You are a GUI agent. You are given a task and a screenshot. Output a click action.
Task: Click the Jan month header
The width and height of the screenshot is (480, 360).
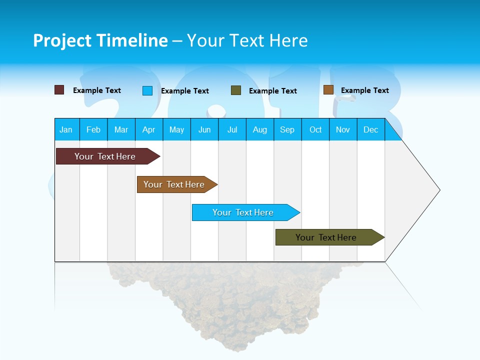click(x=66, y=129)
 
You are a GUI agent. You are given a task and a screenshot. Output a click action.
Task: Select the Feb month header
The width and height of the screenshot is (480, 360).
click(x=93, y=129)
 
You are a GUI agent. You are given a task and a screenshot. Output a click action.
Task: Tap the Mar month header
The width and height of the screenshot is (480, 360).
click(x=121, y=129)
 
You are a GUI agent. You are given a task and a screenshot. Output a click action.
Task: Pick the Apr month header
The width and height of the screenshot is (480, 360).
click(x=149, y=129)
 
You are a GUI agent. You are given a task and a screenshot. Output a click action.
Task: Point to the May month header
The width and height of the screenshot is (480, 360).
click(x=176, y=129)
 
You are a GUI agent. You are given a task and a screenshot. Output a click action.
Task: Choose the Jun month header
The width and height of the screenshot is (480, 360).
click(x=204, y=129)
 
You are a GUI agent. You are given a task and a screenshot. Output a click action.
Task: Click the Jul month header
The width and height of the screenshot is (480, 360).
click(x=232, y=129)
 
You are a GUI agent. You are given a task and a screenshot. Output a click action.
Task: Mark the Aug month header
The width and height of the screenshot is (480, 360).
click(x=260, y=129)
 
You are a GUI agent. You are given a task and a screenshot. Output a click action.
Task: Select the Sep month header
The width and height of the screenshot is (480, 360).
click(x=287, y=129)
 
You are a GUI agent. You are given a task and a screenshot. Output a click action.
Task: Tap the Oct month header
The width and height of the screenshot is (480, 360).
click(x=315, y=129)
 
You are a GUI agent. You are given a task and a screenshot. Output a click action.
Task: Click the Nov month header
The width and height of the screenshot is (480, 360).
click(x=343, y=129)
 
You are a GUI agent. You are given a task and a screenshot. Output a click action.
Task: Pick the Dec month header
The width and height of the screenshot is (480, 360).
click(x=371, y=129)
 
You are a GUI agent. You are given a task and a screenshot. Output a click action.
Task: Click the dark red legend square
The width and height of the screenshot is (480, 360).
click(x=59, y=90)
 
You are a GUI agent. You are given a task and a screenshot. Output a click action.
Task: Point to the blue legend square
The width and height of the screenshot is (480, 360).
click(x=147, y=90)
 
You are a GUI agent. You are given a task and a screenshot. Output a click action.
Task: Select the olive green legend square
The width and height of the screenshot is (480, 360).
click(x=236, y=90)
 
